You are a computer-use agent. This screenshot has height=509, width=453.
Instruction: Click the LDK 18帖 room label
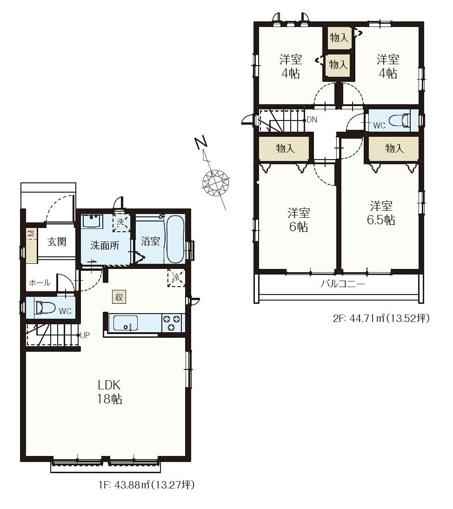pos(110,392)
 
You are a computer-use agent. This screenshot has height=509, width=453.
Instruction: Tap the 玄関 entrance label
pos(57,241)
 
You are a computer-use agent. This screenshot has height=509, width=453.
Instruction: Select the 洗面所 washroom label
pos(105,245)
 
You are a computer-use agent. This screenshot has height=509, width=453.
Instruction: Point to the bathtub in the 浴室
pos(174,240)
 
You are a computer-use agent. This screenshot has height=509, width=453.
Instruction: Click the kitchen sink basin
pos(125,323)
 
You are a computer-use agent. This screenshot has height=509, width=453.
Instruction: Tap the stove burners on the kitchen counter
pos(171,323)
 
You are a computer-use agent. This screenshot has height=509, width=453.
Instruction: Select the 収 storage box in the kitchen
pos(119,297)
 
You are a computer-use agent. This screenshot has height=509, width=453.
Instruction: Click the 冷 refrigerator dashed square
pos(176,278)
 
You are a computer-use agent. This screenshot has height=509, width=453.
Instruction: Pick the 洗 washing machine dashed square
pos(121,223)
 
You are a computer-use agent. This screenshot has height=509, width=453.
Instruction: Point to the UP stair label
pos(85,335)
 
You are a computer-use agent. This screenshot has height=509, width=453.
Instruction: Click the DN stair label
pos(312,120)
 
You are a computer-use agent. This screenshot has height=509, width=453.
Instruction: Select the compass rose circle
pos(215,182)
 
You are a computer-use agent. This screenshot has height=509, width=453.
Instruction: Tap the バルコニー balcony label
pos(343,284)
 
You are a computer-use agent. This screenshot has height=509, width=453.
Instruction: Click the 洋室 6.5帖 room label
pos(381,213)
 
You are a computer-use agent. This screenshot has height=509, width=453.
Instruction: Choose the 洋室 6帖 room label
pos(299,220)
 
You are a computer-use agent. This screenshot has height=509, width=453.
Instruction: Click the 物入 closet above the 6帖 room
pos(285,149)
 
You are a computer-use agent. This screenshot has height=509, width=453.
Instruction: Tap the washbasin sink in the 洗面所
pos(92,221)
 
